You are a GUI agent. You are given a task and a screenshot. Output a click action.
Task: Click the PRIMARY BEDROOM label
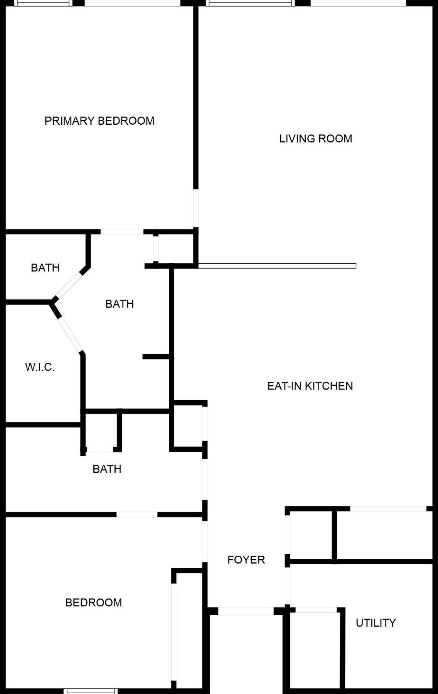click(99, 121)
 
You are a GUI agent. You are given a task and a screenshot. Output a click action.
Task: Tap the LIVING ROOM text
click(315, 139)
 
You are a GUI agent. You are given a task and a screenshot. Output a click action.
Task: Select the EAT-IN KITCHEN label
click(310, 386)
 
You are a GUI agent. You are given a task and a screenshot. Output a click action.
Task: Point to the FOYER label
click(246, 560)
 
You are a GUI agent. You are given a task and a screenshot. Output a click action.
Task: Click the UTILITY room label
click(376, 623)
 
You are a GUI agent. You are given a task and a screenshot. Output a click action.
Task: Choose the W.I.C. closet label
click(40, 367)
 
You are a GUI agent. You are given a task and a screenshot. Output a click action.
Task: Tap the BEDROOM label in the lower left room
click(93, 602)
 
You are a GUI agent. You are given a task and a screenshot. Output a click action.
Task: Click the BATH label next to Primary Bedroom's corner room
click(45, 268)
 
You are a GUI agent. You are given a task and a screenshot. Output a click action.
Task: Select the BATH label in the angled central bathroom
click(120, 304)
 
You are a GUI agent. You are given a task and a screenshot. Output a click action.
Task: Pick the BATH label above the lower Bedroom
click(107, 469)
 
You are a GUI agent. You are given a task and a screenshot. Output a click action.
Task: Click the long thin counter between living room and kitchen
click(277, 266)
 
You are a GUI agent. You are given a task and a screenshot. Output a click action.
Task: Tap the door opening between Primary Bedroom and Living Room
click(195, 208)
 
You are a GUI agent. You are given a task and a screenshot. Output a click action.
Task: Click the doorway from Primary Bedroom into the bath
click(122, 232)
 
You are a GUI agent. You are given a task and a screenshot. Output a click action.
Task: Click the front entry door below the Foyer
click(246, 611)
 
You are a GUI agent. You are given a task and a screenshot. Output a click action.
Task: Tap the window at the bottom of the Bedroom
click(90, 691)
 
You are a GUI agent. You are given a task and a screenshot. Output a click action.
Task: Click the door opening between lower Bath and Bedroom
click(137, 515)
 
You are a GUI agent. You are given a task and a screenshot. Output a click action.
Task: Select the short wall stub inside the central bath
click(156, 357)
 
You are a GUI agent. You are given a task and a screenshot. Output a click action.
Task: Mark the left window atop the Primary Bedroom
click(44, 3)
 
